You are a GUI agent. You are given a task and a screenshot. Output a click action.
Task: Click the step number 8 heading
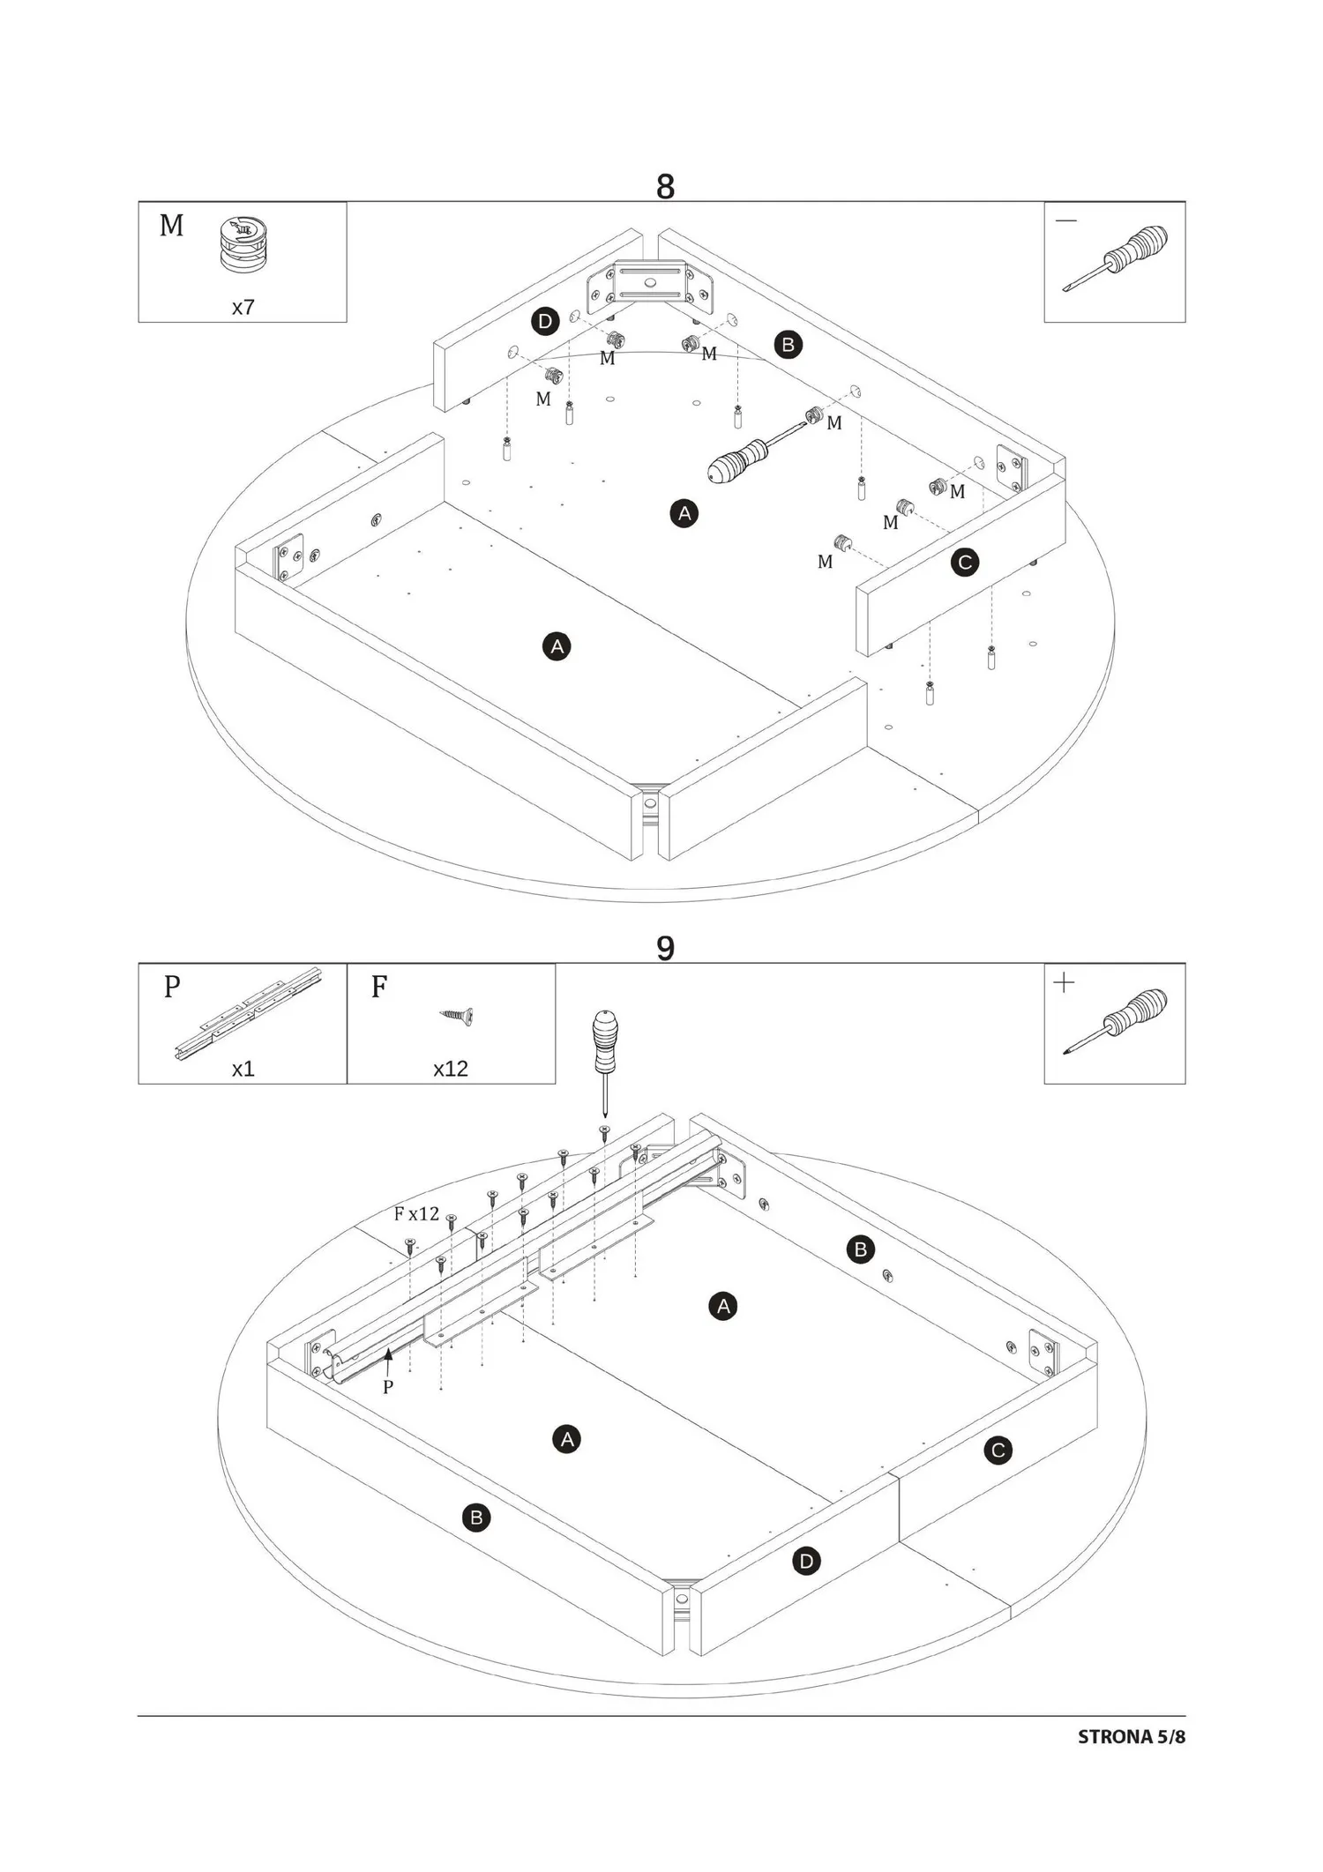(x=665, y=187)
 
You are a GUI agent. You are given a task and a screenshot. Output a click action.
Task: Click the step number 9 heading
(x=665, y=949)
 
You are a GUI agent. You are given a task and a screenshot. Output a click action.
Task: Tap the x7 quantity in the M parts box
(x=243, y=308)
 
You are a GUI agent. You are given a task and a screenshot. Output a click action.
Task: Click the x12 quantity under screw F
(x=451, y=1069)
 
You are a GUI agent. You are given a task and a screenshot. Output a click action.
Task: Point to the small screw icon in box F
(x=457, y=1016)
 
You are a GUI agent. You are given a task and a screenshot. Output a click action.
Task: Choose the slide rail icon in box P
(x=248, y=1013)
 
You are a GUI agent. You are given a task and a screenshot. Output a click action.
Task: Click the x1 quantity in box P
(x=243, y=1069)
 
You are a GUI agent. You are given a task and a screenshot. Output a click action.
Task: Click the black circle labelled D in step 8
(x=545, y=322)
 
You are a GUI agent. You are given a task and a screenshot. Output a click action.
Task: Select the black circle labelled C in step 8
(x=965, y=563)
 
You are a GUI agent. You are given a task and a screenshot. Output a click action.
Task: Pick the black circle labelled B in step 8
(x=789, y=345)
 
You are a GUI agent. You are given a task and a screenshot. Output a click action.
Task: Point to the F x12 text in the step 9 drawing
(x=416, y=1214)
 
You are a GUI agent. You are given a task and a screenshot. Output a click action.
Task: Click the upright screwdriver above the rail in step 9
(x=605, y=1063)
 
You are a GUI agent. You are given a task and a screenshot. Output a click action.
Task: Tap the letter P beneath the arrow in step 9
(x=388, y=1387)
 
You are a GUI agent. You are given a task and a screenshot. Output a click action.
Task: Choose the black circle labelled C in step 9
(x=998, y=1451)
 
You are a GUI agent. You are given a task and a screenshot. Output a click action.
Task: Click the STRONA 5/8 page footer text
(x=1132, y=1737)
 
